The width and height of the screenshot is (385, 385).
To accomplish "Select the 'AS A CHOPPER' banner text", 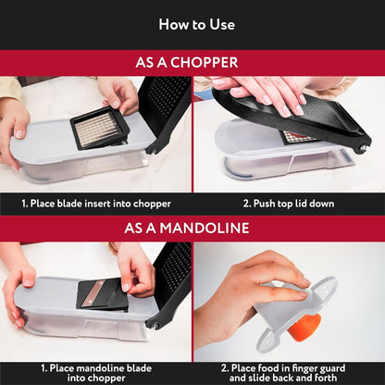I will pyautogui.click(x=192, y=63).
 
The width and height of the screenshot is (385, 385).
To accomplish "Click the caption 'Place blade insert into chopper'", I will pyautogui.click(x=96, y=204).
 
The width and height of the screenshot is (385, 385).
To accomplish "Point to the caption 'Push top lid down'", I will pyautogui.click(x=289, y=204).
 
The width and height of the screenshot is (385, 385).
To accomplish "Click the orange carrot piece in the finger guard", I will pyautogui.click(x=306, y=326).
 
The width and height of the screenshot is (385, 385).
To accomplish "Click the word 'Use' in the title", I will pyautogui.click(x=220, y=24).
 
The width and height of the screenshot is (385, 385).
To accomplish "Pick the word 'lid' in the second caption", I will pyautogui.click(x=305, y=204).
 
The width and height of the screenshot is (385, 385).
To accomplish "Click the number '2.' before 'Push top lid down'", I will pyautogui.click(x=247, y=204).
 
